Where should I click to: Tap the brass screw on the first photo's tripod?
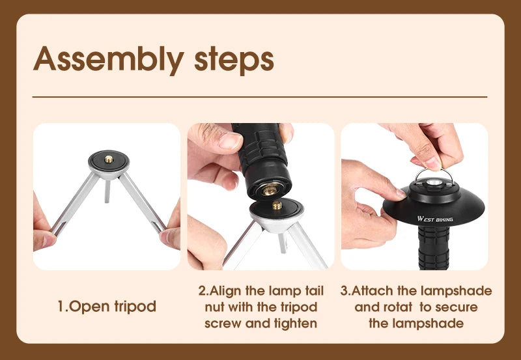coord(109,159)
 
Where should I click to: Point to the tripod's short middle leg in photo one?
coord(107,191)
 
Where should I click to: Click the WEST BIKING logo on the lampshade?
coord(435,219)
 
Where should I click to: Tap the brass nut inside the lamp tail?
coord(270,190)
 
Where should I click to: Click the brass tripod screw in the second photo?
coord(277,205)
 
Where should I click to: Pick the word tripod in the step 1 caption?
coord(135,307)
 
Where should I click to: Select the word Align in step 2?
coord(225,291)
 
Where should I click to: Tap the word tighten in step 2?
coord(296,323)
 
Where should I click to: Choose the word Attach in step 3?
coord(372,291)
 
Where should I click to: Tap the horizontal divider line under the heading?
coord(260,97)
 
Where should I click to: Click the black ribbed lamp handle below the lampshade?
coord(434,247)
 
